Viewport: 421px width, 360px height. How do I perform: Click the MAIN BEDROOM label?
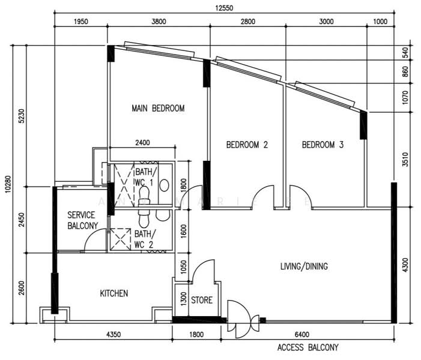tap(158, 109)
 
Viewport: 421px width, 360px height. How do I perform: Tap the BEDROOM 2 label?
tap(247, 145)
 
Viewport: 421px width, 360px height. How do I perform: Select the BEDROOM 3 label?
tap(323, 145)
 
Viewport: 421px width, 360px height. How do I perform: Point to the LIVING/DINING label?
tap(304, 266)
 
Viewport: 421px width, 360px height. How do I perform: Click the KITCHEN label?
tap(114, 293)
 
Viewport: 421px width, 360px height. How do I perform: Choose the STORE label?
tap(202, 300)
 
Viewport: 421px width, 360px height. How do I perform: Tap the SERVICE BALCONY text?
tap(82, 220)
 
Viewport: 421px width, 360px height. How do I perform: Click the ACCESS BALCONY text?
tap(307, 347)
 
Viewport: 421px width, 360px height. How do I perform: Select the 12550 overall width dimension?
tap(224, 8)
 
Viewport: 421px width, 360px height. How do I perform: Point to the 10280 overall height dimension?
tap(8, 184)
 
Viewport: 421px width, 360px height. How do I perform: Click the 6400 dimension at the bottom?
tap(302, 335)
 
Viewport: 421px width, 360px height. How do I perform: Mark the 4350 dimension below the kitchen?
tap(114, 335)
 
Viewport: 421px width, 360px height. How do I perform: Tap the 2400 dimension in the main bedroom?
tap(142, 142)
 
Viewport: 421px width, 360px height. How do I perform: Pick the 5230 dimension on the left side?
tap(22, 116)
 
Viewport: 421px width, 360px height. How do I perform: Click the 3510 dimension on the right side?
tap(405, 160)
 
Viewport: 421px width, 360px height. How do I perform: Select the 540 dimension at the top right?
tap(405, 53)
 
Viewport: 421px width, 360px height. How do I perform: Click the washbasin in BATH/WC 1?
tap(164, 185)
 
